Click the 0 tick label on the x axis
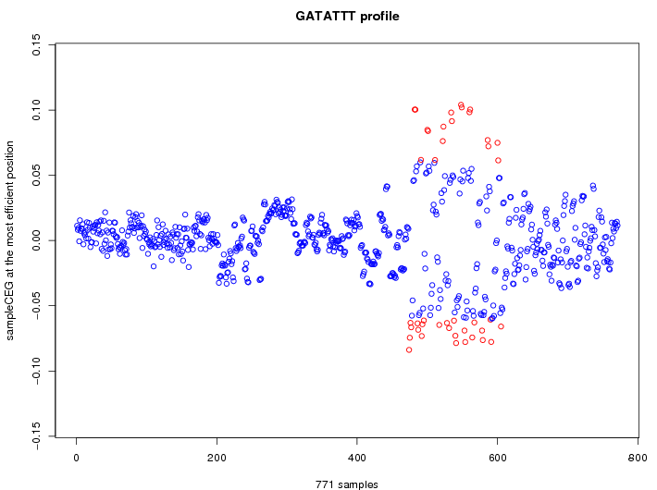click(77, 457)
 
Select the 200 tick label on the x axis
click(217, 457)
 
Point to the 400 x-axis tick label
click(357, 457)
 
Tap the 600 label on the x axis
click(497, 457)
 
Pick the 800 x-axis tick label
click(637, 457)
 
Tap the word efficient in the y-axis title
click(10, 194)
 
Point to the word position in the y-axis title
click(10, 156)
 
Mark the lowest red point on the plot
click(409, 349)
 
